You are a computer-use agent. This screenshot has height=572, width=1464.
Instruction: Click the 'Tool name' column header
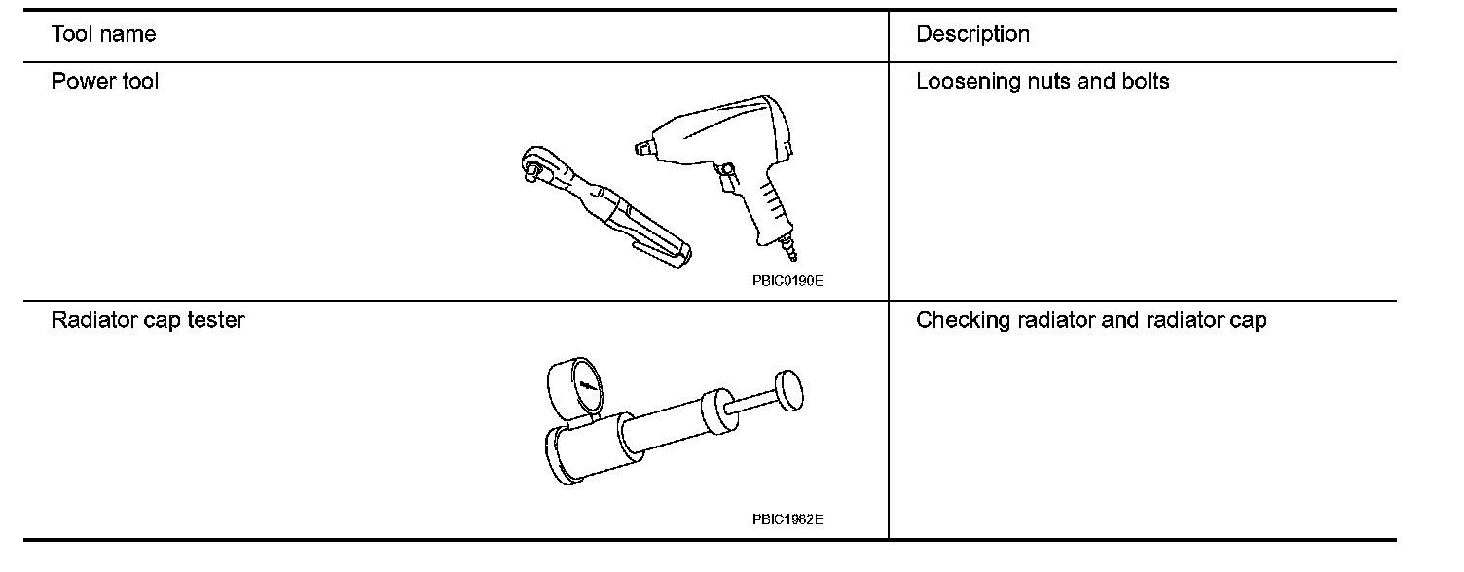[x=103, y=35]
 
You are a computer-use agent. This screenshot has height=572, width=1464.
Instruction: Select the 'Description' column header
[x=972, y=35]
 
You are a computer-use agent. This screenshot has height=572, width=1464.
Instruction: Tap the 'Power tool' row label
[x=105, y=82]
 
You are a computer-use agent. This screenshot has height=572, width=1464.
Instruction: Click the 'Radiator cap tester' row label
[x=148, y=320]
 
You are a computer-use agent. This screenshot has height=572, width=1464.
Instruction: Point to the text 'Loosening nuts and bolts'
[x=1043, y=82]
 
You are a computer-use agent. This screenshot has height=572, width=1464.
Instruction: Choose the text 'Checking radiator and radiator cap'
[x=1091, y=320]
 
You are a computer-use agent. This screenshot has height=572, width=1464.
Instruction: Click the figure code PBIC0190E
[x=787, y=280]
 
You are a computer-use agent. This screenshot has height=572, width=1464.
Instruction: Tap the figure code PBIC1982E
[x=787, y=518]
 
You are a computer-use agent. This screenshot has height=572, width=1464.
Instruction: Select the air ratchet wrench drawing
[x=604, y=204]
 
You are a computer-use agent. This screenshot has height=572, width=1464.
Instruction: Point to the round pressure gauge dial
[x=586, y=387]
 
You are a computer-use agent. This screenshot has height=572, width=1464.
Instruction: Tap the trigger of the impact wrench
[x=725, y=174]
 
